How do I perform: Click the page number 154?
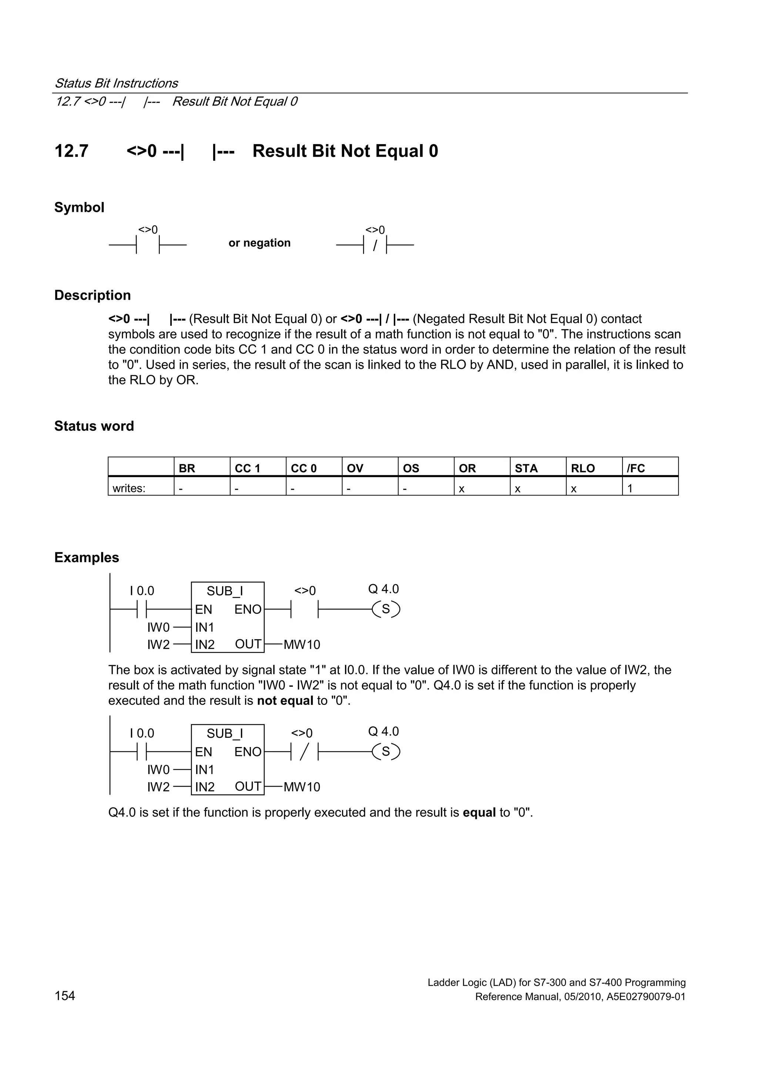click(65, 996)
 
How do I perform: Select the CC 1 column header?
click(247, 468)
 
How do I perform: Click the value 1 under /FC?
click(630, 489)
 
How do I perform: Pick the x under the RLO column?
click(574, 489)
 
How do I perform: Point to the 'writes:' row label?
click(129, 489)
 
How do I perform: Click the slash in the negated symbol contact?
click(375, 245)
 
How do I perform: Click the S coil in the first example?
click(386, 609)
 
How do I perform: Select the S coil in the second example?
click(386, 752)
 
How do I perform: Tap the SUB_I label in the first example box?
click(225, 591)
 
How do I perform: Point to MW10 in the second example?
click(302, 787)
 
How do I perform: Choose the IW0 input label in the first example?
click(158, 627)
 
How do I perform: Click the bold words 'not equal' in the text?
click(285, 700)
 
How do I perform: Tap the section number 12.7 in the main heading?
click(71, 151)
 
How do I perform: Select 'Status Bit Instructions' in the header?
click(116, 83)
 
